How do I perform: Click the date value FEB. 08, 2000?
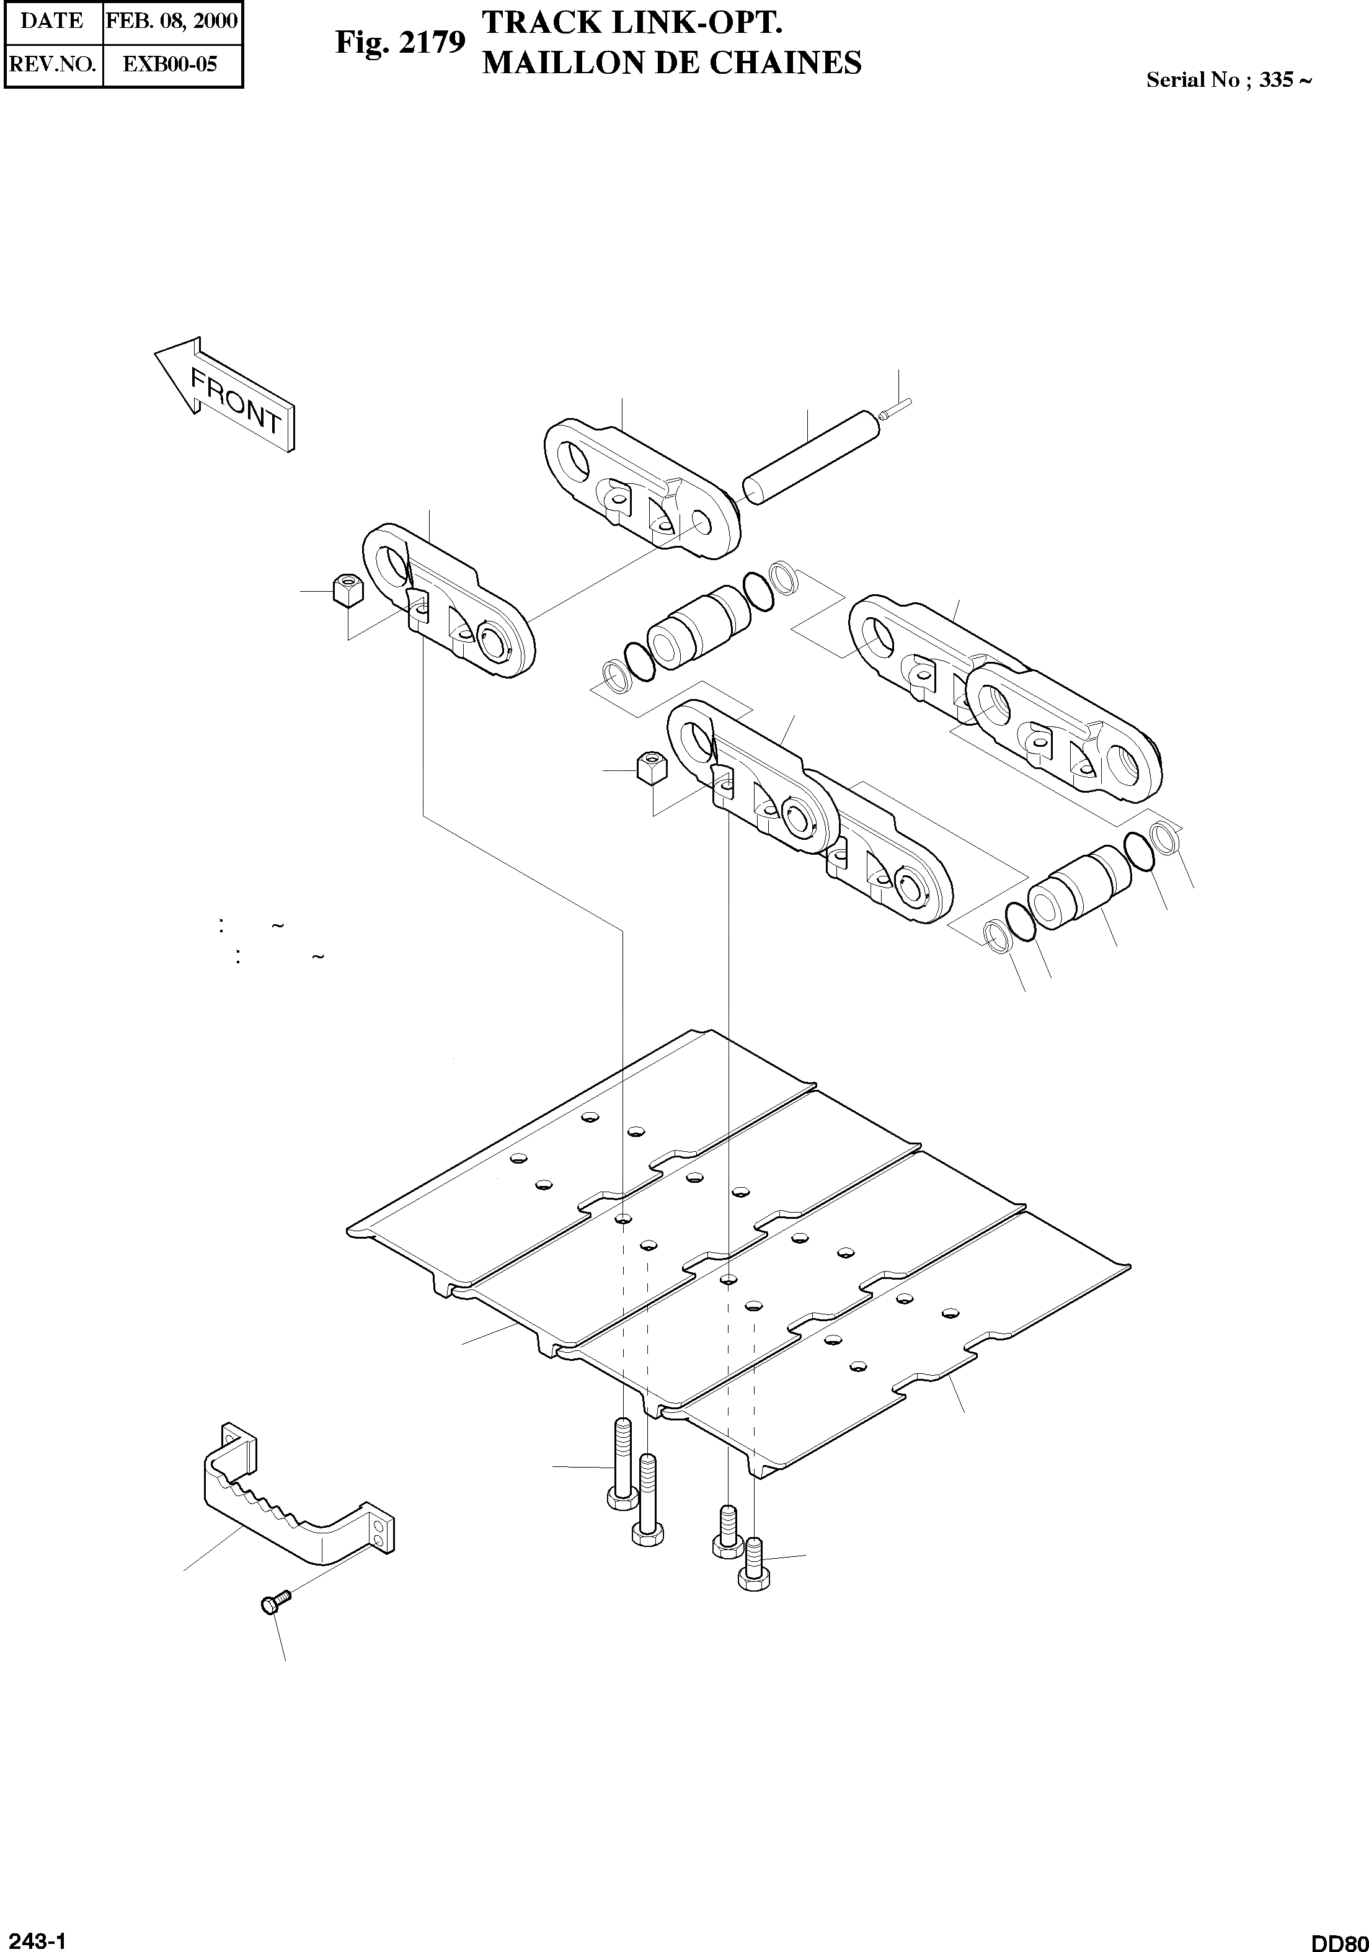click(x=172, y=20)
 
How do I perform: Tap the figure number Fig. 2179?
click(x=401, y=43)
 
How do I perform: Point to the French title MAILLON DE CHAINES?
click(x=671, y=63)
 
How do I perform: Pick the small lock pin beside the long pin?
click(x=896, y=409)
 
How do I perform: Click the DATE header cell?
click(x=52, y=20)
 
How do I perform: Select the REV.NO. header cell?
click(x=53, y=64)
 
